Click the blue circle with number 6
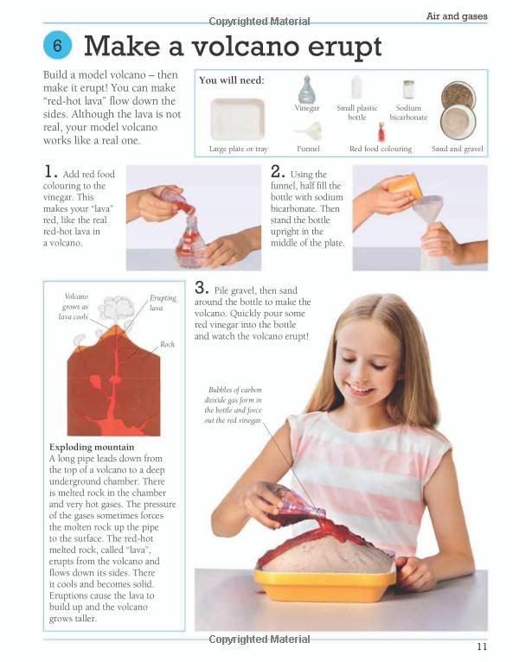(x=57, y=45)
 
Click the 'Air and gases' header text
(x=457, y=16)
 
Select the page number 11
(x=482, y=646)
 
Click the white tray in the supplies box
(x=238, y=119)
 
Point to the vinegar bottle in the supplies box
(x=307, y=89)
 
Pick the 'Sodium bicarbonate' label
(x=408, y=112)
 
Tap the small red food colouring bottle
(x=381, y=132)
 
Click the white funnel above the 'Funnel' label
(x=310, y=130)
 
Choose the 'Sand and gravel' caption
(x=458, y=149)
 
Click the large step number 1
(x=50, y=172)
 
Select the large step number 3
(x=202, y=288)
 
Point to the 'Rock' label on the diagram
(x=167, y=344)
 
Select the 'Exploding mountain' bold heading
(x=92, y=447)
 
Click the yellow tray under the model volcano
(x=324, y=586)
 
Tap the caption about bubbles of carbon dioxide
(x=233, y=404)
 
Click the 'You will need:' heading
(x=232, y=80)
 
